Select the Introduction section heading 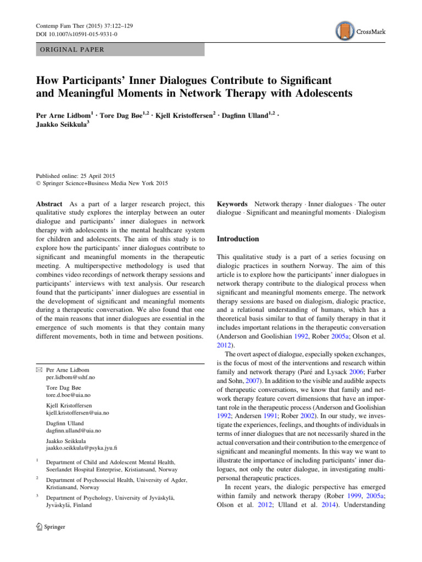point(238,239)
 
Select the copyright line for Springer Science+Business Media point(102,183)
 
